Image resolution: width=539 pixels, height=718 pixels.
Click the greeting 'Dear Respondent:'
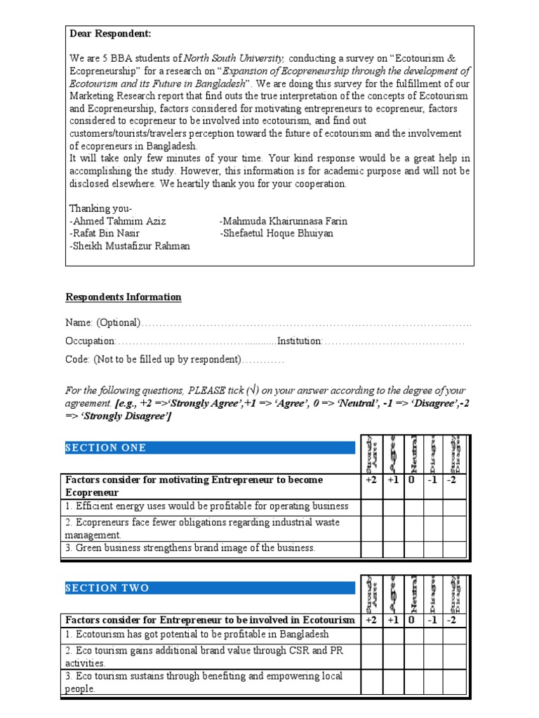click(110, 34)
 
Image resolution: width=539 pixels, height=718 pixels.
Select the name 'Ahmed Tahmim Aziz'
click(119, 221)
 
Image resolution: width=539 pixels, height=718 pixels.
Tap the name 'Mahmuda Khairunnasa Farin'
click(284, 221)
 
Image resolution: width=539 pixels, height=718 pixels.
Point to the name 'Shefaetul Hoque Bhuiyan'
click(277, 233)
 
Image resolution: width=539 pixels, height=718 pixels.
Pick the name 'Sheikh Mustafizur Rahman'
click(131, 246)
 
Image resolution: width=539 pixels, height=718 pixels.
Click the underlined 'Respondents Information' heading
click(124, 297)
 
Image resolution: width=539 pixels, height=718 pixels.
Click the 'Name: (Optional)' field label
click(103, 323)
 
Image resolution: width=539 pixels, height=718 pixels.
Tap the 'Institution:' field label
click(300, 341)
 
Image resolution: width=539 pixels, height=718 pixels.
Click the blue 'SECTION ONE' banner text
click(106, 448)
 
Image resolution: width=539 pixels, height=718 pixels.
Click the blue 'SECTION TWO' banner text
click(107, 588)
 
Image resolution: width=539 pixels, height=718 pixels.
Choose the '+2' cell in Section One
click(372, 481)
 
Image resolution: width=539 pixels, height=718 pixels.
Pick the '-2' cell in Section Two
click(453, 621)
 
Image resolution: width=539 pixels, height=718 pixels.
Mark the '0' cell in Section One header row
click(413, 481)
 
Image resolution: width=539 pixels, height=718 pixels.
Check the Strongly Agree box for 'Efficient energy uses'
click(372, 507)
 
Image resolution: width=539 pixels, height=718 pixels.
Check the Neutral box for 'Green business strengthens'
click(413, 549)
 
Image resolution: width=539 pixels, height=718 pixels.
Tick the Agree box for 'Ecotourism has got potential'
click(392, 635)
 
